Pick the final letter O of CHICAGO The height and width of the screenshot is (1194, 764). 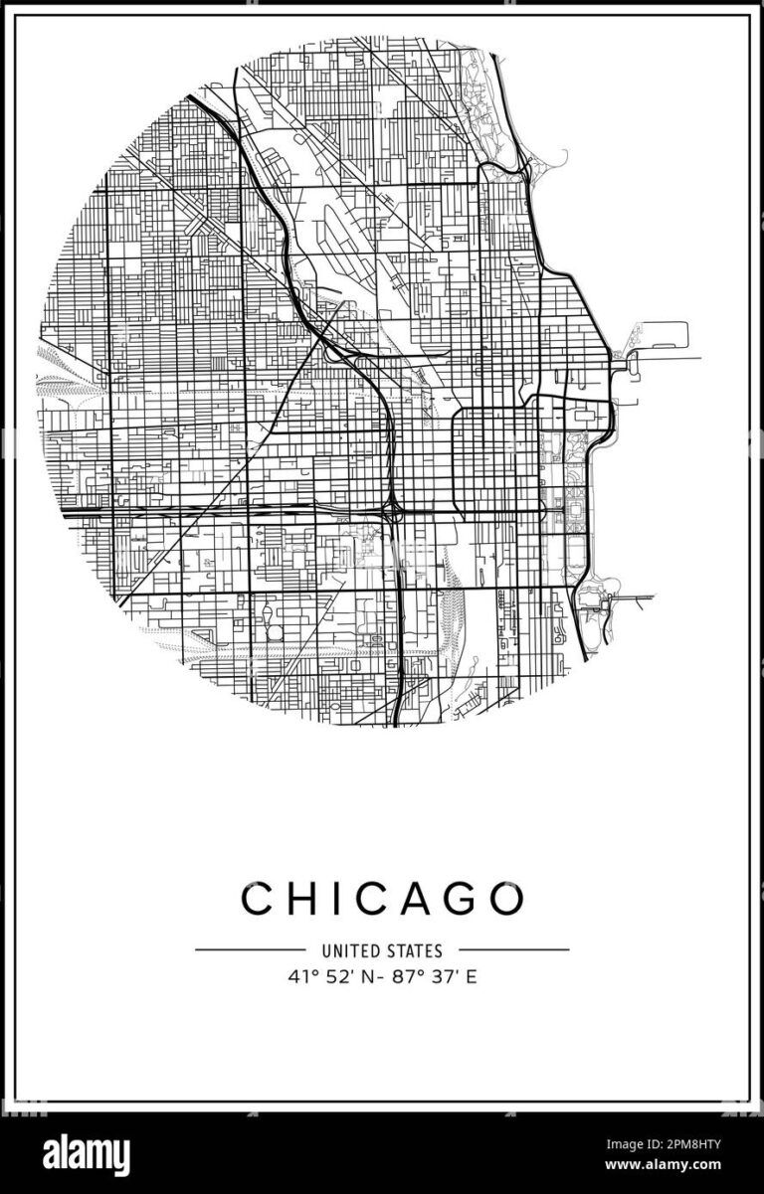pos(505,899)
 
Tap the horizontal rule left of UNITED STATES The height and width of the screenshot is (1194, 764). pos(250,949)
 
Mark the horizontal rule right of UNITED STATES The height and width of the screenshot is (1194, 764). pos(513,949)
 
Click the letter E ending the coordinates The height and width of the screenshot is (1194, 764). pos(472,976)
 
